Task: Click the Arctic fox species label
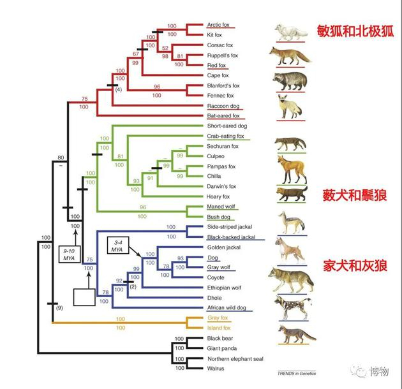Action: pos(218,25)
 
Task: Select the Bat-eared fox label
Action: pos(223,116)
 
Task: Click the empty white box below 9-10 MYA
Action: pos(88,298)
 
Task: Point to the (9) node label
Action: pos(59,309)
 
